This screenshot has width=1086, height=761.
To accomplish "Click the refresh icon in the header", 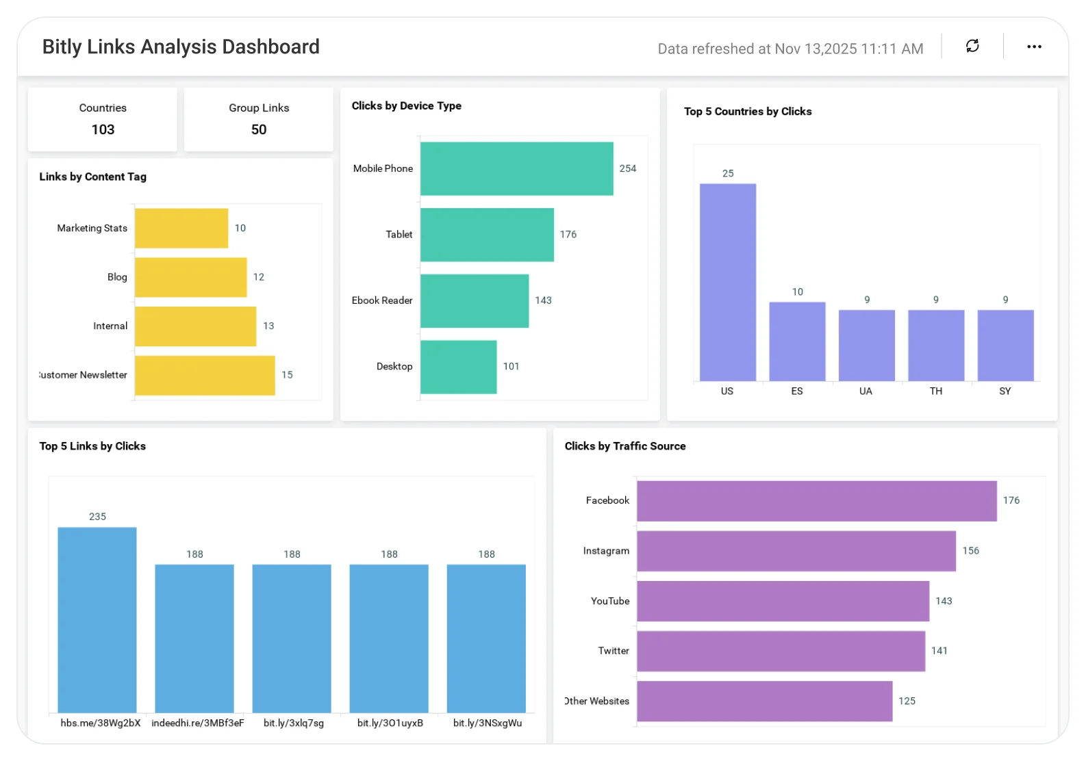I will click(x=972, y=46).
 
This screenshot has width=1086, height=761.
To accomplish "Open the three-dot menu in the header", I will click(x=1034, y=47).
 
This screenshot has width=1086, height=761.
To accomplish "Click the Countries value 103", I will click(x=103, y=129).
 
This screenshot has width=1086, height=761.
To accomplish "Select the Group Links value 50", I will click(x=259, y=129).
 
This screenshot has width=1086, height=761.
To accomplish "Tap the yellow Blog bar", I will click(x=190, y=277).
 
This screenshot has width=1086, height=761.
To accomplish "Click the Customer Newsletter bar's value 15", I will click(x=287, y=375).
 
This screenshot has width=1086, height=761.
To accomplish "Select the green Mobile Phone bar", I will click(x=516, y=168).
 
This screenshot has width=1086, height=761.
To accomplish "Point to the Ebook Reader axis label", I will click(x=382, y=300).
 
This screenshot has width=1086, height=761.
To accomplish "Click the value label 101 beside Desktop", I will click(x=511, y=366).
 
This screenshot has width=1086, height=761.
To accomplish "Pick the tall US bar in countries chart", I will click(x=727, y=282).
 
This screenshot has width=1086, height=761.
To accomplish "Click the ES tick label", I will click(x=797, y=391).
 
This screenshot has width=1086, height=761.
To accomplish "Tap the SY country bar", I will click(x=1005, y=345).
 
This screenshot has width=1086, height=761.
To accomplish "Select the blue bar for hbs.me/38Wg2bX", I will click(x=97, y=619).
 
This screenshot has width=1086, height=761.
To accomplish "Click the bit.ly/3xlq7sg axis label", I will click(x=294, y=723).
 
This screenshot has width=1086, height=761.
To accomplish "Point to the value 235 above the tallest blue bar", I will click(x=97, y=517).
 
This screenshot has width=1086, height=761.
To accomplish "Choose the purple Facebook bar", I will click(x=816, y=501).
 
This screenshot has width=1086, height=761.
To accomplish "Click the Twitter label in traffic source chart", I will click(x=614, y=651).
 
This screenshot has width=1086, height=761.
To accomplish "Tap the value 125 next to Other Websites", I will click(x=907, y=701).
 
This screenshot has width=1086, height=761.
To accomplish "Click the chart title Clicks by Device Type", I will click(x=406, y=106).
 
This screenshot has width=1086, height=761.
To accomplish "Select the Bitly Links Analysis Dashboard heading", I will click(x=181, y=47).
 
